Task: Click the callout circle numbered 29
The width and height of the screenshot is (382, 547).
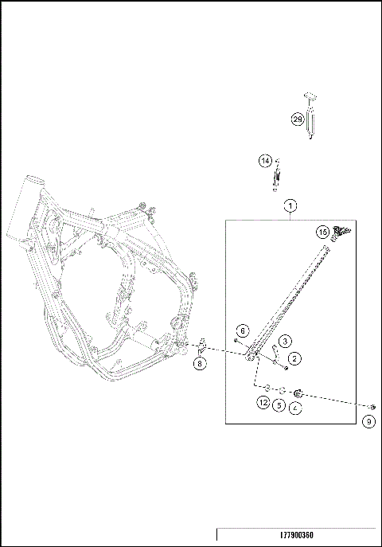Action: click(x=297, y=119)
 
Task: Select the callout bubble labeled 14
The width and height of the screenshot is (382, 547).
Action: click(x=265, y=161)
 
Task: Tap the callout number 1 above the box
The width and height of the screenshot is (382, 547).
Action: click(x=290, y=205)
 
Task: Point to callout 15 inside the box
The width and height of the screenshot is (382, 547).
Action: click(x=322, y=232)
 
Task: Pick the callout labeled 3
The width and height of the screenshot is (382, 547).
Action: click(x=283, y=342)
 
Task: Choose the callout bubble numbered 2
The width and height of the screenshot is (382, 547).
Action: click(x=294, y=359)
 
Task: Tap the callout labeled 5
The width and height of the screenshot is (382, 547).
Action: click(x=279, y=404)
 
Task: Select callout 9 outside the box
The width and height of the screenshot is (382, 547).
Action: click(x=368, y=422)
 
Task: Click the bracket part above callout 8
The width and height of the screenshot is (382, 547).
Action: click(x=202, y=346)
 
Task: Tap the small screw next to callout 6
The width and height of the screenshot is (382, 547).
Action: click(x=236, y=341)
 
